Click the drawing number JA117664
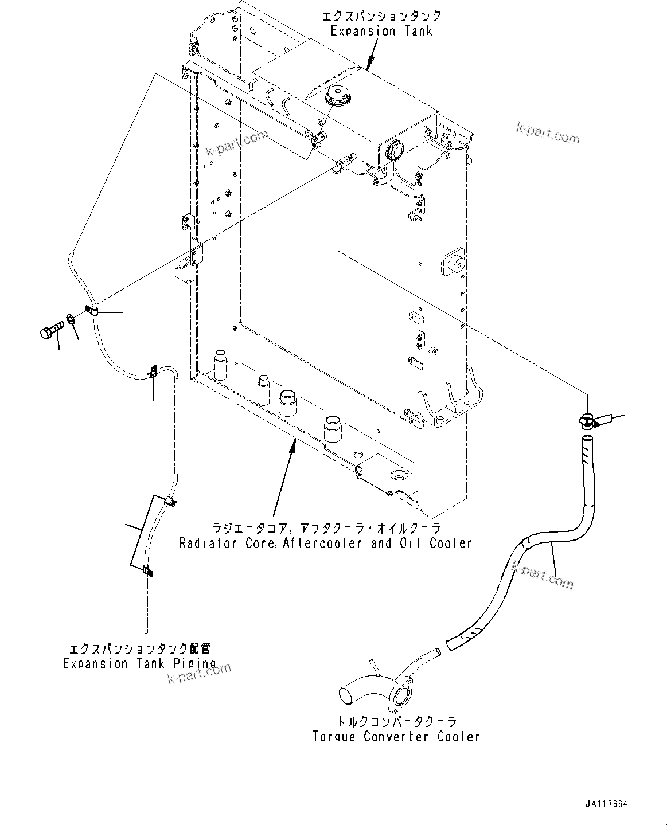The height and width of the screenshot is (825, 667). pos(606,804)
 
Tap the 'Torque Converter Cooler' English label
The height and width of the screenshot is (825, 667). pos(396,737)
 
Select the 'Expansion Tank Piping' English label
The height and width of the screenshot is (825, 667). pos(139,664)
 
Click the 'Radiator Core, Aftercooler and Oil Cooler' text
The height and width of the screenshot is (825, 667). pos(325,543)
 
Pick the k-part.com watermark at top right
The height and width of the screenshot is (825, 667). pos(548,134)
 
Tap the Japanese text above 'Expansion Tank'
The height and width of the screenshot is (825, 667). pos(381,15)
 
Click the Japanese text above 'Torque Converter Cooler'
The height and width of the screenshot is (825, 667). pos(396,722)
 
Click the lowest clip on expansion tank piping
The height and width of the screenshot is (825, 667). pos(147,570)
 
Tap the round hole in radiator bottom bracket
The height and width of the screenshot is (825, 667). pos(398,475)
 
